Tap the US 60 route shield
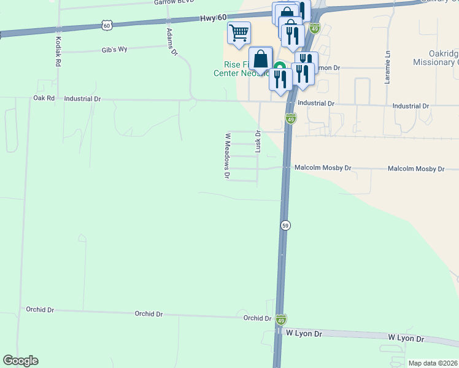pyautogui.click(x=107, y=25)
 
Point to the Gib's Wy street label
pyautogui.click(x=114, y=49)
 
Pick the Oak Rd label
pyautogui.click(x=44, y=98)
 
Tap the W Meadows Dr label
pyautogui.click(x=227, y=156)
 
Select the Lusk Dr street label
pyautogui.click(x=258, y=141)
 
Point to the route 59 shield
pyautogui.click(x=285, y=226)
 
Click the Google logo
pyautogui.click(x=20, y=361)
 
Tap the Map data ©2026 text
pyautogui.click(x=433, y=363)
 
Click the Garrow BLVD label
pyautogui.click(x=174, y=2)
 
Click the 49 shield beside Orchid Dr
pyautogui.click(x=280, y=320)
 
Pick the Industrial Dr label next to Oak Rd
pyautogui.click(x=82, y=98)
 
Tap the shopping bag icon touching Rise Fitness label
pyautogui.click(x=261, y=59)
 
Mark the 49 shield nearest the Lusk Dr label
pyautogui.click(x=291, y=118)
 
